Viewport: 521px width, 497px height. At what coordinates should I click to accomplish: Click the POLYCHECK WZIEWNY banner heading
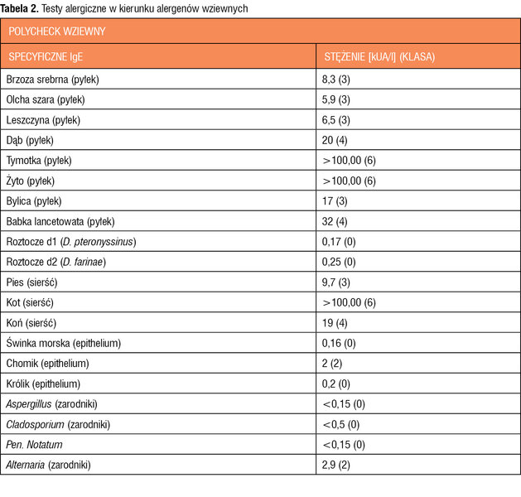(x=57, y=31)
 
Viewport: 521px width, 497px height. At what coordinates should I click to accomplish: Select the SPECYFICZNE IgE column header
(x=46, y=57)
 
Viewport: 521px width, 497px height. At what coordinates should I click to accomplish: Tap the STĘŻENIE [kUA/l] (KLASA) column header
(x=379, y=57)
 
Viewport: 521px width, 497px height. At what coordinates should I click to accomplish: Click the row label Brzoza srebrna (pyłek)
(x=52, y=80)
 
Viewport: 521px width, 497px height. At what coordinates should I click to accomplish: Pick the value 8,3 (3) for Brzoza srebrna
(x=335, y=80)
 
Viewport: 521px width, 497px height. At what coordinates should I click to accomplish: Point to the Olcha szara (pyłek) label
(x=46, y=100)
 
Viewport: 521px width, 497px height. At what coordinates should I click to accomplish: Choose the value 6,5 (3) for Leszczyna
(x=335, y=120)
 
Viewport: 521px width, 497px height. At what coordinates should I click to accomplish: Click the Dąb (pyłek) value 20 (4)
(x=335, y=141)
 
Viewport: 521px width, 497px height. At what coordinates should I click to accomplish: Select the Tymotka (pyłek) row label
(x=39, y=161)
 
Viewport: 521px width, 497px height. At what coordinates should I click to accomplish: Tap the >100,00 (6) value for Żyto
(x=350, y=181)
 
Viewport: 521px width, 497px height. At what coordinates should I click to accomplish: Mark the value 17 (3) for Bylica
(x=335, y=201)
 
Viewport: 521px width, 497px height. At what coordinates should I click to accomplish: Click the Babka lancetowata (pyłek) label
(x=60, y=222)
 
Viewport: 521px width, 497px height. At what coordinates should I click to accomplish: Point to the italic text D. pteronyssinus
(x=98, y=242)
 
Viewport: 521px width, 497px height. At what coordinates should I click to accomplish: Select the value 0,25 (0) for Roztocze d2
(x=339, y=262)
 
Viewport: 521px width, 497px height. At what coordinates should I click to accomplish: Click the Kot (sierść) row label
(x=30, y=302)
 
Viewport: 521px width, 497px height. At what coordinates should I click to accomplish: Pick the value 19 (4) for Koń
(x=335, y=323)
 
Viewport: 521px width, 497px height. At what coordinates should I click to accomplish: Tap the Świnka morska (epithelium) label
(x=64, y=343)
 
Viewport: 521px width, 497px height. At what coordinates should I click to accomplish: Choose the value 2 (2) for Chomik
(x=331, y=364)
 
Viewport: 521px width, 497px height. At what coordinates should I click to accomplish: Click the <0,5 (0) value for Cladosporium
(x=341, y=425)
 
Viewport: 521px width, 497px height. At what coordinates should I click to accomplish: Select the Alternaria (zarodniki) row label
(x=48, y=465)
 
